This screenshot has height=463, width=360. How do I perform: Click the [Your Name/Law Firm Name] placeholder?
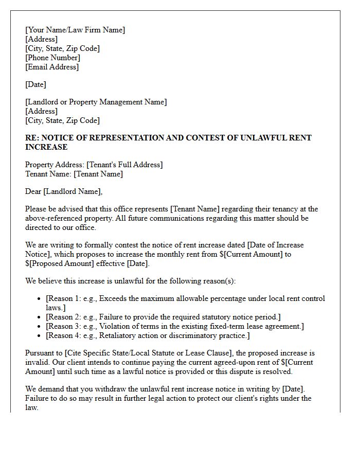tap(75, 30)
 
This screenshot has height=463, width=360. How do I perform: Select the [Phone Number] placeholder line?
tap(52, 58)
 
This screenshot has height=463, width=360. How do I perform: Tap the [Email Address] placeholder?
tap(52, 67)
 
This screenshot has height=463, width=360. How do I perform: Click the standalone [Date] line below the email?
tap(35, 84)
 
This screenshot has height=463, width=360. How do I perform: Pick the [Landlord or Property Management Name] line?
tap(96, 102)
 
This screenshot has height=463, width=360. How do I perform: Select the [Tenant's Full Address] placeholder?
tap(124, 165)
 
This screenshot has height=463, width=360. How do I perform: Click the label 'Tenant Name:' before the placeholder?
tap(48, 174)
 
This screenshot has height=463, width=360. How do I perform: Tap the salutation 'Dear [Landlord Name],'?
tap(64, 191)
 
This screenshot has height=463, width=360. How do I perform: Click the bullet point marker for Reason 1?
tap(40, 299)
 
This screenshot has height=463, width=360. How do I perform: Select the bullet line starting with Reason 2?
tap(163, 317)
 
